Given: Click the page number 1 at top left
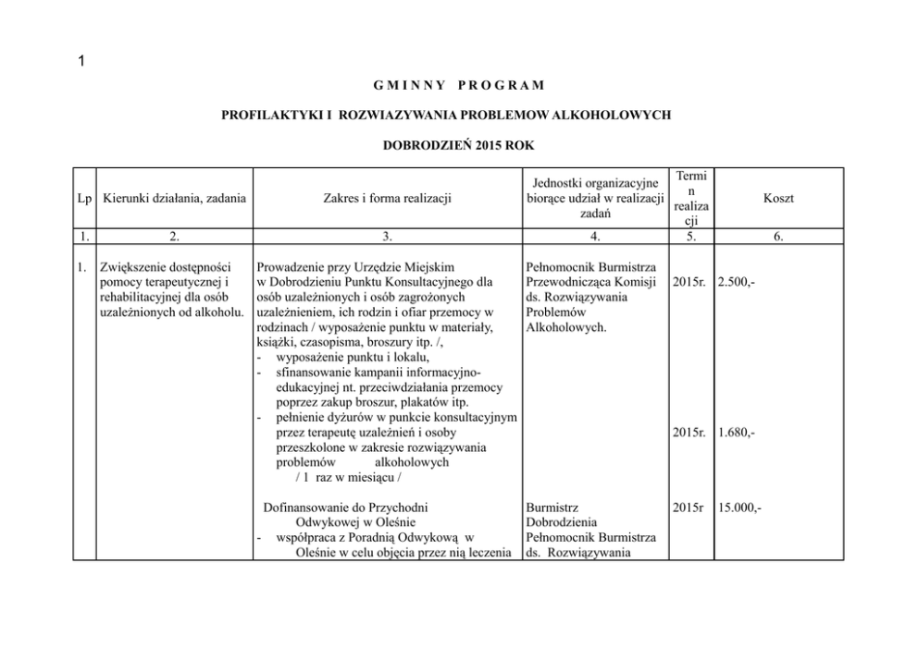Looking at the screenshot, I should (x=81, y=62).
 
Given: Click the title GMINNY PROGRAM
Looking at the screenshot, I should (x=459, y=86).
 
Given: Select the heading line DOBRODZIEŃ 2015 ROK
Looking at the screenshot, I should (x=458, y=145).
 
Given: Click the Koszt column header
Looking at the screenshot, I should (x=778, y=199).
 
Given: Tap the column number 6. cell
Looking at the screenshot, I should (x=778, y=237).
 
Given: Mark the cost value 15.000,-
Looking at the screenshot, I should (x=739, y=507).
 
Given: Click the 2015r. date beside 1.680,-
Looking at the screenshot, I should (x=690, y=432).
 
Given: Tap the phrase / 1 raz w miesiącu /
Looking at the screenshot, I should (x=352, y=476).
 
